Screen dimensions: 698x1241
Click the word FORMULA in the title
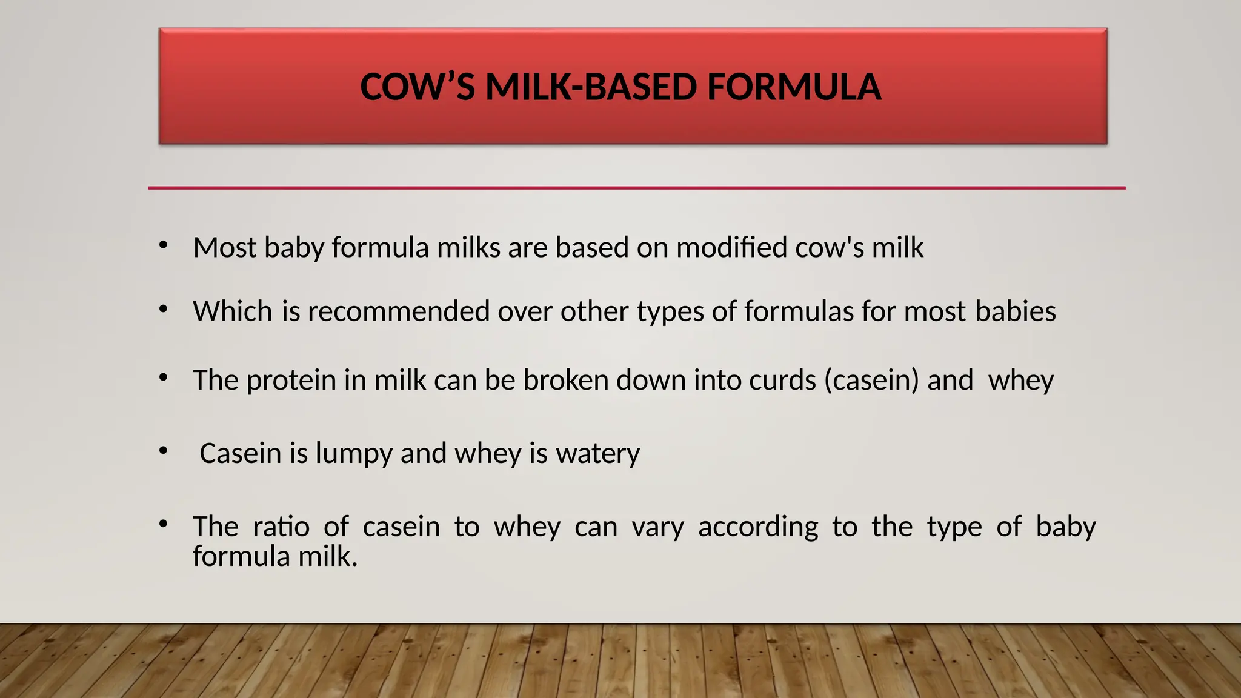click(793, 87)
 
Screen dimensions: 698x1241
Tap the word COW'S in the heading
click(418, 87)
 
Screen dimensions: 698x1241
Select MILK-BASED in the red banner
click(591, 87)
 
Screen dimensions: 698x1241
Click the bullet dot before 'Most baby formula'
click(163, 245)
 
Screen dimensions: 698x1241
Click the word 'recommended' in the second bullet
click(399, 311)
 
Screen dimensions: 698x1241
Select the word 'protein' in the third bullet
click(291, 381)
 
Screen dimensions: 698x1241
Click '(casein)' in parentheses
click(871, 381)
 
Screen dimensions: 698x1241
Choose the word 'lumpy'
click(354, 454)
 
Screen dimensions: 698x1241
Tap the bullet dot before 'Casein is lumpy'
click(163, 451)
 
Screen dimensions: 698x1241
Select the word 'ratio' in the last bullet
click(281, 526)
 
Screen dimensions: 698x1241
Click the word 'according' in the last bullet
click(757, 527)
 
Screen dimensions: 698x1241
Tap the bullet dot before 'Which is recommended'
click(163, 310)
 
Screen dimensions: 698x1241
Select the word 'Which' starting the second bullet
click(233, 311)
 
